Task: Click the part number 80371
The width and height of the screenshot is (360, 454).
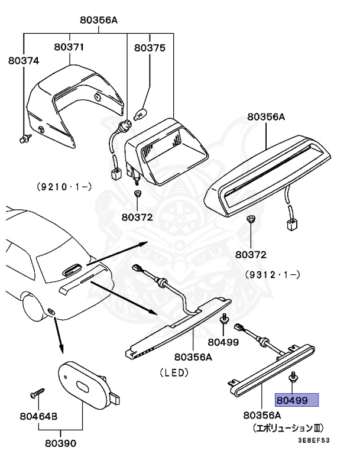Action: [x=70, y=47]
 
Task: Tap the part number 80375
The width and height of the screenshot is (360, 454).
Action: [x=150, y=48]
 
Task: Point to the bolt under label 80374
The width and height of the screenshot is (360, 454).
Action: [x=24, y=140]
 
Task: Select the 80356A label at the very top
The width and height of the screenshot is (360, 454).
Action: [x=99, y=20]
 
